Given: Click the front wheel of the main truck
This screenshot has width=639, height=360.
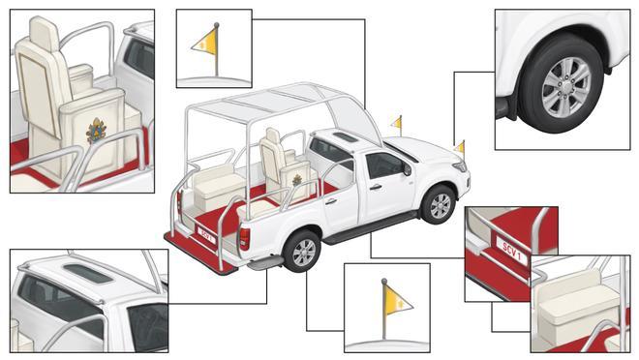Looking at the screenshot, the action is tap(439, 204).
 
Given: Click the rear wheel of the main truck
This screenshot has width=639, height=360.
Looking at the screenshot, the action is tap(302, 252).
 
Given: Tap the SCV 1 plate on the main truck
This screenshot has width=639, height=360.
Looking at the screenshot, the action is tap(206, 235).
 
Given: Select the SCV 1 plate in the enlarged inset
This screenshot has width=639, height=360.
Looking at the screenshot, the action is tap(511, 252).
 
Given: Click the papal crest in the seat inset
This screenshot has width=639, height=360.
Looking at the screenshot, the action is tap(96, 131).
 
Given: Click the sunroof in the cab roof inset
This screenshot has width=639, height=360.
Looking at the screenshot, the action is tap(88, 273).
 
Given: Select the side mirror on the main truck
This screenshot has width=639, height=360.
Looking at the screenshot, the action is tap(407, 168).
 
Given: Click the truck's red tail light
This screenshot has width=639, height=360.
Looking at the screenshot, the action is tap(244, 239).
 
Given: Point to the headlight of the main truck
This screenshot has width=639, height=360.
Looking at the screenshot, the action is tap(460, 166).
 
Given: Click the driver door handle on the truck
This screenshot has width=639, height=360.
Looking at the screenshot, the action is tap(376, 188).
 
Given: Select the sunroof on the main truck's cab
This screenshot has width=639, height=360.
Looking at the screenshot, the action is tap(346, 137).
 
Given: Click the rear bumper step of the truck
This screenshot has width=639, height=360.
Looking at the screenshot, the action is tap(265, 262).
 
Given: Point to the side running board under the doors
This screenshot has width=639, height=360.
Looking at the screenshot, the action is tap(370, 227).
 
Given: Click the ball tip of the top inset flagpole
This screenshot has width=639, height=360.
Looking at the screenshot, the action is tap(217, 25).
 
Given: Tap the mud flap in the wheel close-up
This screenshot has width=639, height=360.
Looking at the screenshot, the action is tap(506, 107).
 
